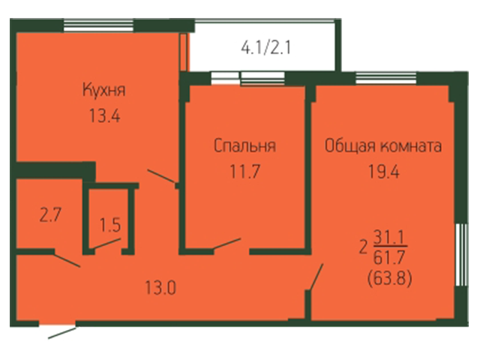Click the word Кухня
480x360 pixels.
point(103,90)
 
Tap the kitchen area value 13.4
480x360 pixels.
point(105,116)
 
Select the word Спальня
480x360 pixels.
point(244,145)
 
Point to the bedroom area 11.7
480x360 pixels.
point(245,172)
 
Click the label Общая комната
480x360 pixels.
point(383,146)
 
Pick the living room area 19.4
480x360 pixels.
point(383,172)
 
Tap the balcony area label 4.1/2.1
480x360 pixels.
point(265,48)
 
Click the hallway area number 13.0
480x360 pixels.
point(160,288)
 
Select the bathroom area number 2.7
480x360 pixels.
point(51,215)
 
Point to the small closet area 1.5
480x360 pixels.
point(110,225)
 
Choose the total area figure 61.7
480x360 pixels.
point(389,257)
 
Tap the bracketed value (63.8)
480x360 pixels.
point(389,278)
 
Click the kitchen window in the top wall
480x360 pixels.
point(98,25)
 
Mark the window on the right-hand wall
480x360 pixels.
point(462,255)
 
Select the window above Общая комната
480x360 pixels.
point(386,78)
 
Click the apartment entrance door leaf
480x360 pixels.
point(62,333)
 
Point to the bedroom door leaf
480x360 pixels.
point(226,244)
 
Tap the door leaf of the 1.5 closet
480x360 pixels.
point(106,244)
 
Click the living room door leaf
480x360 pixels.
point(316,277)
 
